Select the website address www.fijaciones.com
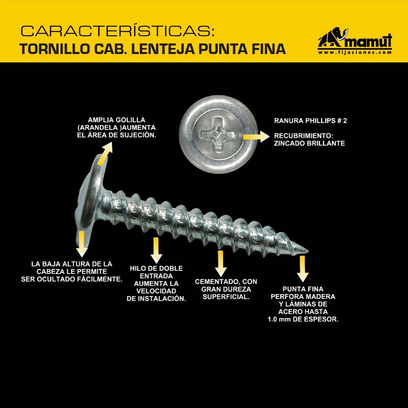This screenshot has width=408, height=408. click(x=355, y=52)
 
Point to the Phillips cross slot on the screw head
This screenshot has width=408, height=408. click(x=218, y=135)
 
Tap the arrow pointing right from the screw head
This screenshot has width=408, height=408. click(x=257, y=137)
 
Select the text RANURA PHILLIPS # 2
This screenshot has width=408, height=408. click(x=311, y=121)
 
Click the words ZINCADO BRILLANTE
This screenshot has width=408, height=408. click(x=309, y=144)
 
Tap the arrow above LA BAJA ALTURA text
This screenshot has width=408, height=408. click(x=82, y=244)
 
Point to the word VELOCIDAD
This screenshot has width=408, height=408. click(x=156, y=291)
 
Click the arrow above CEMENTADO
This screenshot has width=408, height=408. click(x=221, y=263)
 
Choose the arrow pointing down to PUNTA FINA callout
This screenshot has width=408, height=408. click(x=302, y=269)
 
